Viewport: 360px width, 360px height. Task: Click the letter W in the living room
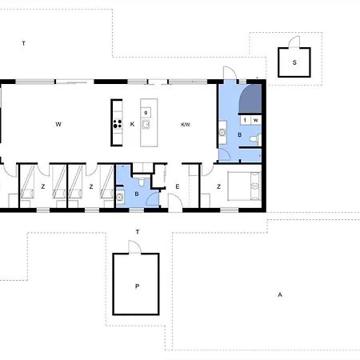[x=58, y=125]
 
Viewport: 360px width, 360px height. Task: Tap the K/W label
[x=186, y=125]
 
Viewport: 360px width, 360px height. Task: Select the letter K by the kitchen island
[x=131, y=125]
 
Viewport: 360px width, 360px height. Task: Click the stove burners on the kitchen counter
[x=117, y=124]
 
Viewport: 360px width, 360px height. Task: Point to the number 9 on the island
[x=146, y=113]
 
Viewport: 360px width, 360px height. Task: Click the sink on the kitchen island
[x=146, y=125]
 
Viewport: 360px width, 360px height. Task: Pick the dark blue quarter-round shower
[x=250, y=99]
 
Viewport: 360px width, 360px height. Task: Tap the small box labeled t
[x=245, y=120]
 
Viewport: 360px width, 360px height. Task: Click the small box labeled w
[x=255, y=120]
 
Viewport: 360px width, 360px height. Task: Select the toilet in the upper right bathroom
[x=254, y=140]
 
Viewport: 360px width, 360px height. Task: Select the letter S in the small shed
[x=294, y=62]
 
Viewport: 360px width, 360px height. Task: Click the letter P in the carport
[x=137, y=285]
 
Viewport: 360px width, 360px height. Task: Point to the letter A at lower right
[x=279, y=294]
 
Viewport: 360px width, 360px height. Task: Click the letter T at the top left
[x=24, y=42]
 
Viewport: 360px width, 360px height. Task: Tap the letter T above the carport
[x=138, y=232]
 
